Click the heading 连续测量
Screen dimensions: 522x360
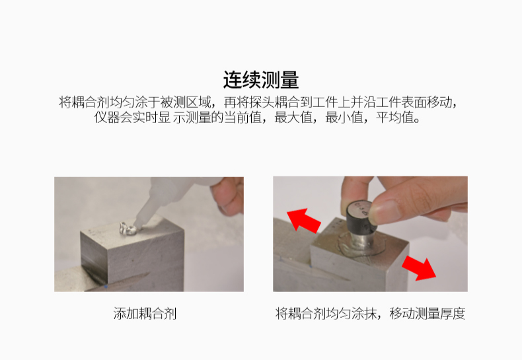(x=260, y=80)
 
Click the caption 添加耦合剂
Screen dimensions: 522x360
(x=145, y=313)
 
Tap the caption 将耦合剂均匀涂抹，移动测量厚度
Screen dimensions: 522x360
(x=370, y=313)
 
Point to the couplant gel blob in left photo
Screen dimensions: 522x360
(x=127, y=229)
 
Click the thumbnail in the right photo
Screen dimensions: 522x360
(x=385, y=211)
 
